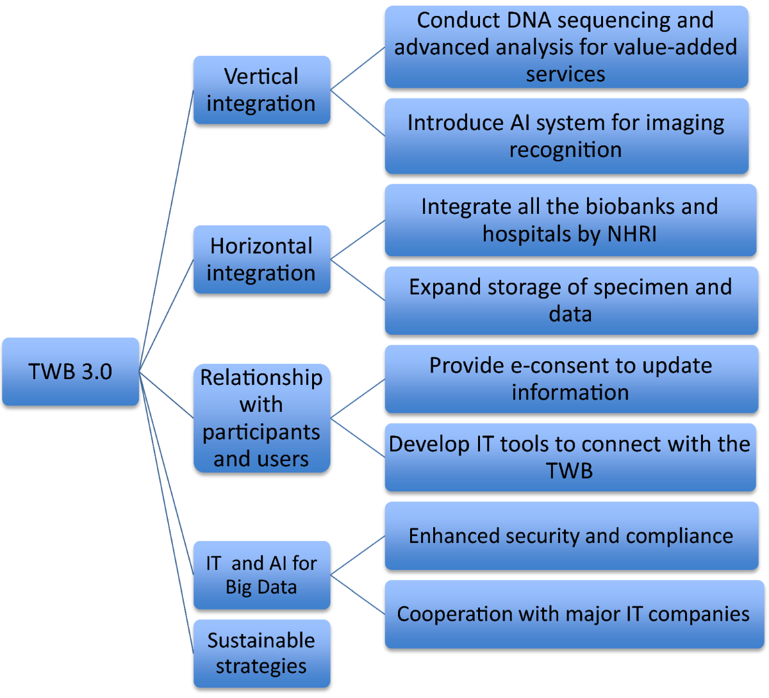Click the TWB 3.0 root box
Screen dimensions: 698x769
coord(70,371)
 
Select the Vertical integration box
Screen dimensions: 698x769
coord(261,90)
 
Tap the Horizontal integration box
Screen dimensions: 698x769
coord(261,259)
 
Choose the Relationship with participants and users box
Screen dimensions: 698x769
coord(261,418)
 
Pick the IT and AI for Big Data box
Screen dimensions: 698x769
coord(261,575)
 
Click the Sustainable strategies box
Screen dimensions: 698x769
coord(261,653)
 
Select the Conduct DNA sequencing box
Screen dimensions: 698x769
coord(566,47)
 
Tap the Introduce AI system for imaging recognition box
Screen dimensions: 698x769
coord(566,136)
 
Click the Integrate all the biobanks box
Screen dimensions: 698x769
coord(570,220)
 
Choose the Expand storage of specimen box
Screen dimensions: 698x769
coord(570,300)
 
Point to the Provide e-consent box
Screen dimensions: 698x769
coord(570,378)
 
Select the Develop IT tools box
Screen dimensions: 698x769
coord(570,457)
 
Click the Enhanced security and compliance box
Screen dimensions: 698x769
coord(570,535)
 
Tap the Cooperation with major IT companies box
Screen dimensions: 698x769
coord(573,614)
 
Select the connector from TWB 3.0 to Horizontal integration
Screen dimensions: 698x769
coord(167,315)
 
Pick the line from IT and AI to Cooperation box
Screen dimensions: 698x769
coord(358,595)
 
